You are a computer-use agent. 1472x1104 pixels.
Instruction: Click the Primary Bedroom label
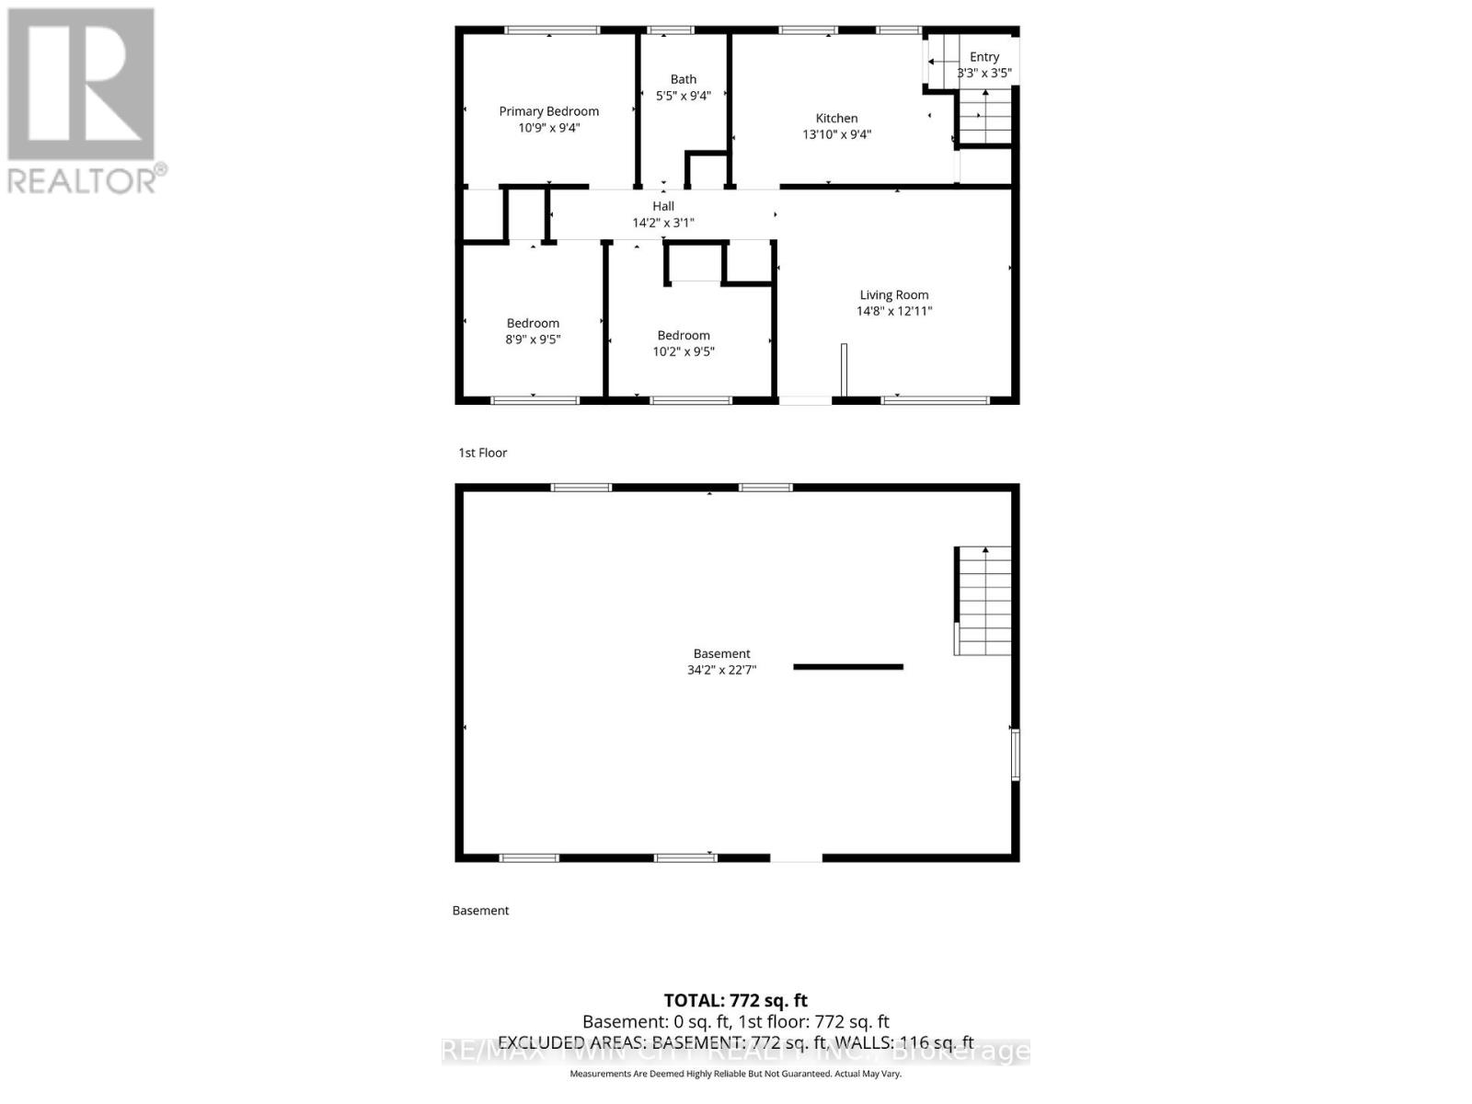click(548, 111)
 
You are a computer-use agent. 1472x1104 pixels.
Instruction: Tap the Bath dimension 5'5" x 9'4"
click(683, 96)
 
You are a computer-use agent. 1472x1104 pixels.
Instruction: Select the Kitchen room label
click(836, 118)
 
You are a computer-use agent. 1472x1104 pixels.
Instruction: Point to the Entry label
click(983, 57)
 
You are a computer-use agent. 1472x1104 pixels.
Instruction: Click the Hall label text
click(662, 206)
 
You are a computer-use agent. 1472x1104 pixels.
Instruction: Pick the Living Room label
click(893, 295)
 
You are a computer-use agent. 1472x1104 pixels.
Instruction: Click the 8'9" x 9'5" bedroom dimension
click(533, 339)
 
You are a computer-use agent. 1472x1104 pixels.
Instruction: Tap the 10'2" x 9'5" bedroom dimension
click(684, 351)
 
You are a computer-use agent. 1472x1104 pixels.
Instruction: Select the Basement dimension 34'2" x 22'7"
click(721, 670)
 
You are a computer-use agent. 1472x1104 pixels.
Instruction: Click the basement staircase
click(983, 601)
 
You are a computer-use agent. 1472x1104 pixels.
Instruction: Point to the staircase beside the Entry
click(985, 117)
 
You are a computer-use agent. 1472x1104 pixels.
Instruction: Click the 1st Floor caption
click(483, 453)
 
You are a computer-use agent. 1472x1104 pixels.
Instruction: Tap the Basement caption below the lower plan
click(480, 911)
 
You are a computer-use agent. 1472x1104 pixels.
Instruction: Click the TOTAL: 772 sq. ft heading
click(735, 1000)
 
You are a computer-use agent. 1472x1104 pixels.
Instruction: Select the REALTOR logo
click(84, 101)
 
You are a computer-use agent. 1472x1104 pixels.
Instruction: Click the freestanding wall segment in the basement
click(848, 667)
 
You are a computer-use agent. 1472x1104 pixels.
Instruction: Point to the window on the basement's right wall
click(1015, 754)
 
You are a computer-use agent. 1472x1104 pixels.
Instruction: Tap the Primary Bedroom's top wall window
click(552, 30)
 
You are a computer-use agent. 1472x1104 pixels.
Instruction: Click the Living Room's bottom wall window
click(935, 400)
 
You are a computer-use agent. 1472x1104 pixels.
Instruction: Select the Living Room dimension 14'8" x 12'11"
click(893, 311)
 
